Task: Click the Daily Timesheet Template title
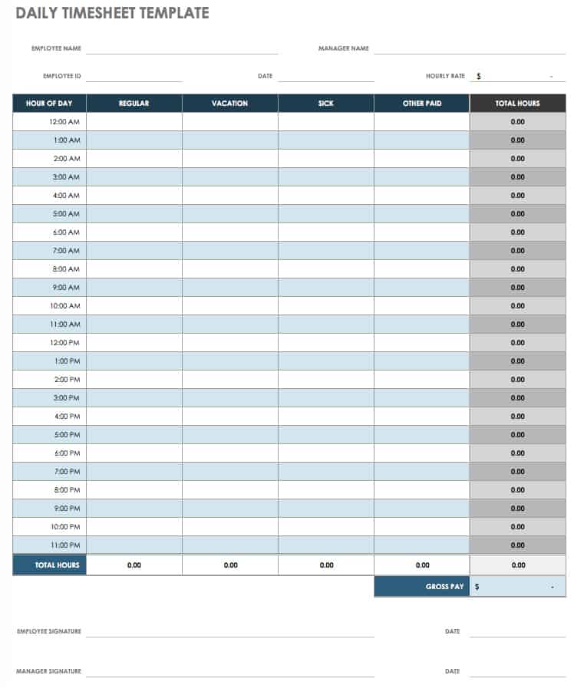[x=112, y=13]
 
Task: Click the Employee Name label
[x=56, y=48]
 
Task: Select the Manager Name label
[x=344, y=48]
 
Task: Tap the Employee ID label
[x=62, y=76]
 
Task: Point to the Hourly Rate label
[x=445, y=76]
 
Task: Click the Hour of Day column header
[x=49, y=104]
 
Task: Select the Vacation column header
[x=230, y=104]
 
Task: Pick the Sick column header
[x=326, y=104]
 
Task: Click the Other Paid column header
[x=422, y=104]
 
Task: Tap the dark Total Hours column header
[x=518, y=104]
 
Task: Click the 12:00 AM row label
[x=64, y=122]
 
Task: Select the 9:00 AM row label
[x=66, y=288]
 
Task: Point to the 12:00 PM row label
[x=64, y=343]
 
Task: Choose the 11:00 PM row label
[x=64, y=545]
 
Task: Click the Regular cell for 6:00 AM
[x=134, y=232]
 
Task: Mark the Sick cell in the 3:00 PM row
[x=326, y=398]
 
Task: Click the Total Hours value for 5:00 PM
[x=518, y=435]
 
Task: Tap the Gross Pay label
[x=445, y=587]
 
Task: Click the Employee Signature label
[x=49, y=631]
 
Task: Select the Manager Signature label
[x=48, y=671]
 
